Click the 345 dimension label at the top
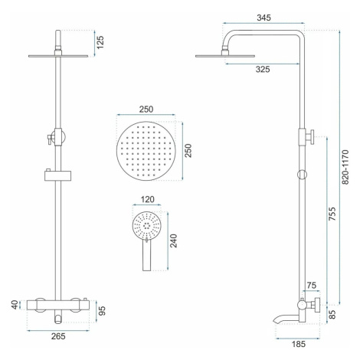263,18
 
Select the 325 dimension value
263,69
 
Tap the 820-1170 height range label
345,167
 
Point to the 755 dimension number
332,214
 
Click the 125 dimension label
100,42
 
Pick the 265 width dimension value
58,336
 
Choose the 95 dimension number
102,311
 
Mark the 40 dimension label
15,305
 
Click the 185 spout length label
299,344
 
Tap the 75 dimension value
311,285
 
